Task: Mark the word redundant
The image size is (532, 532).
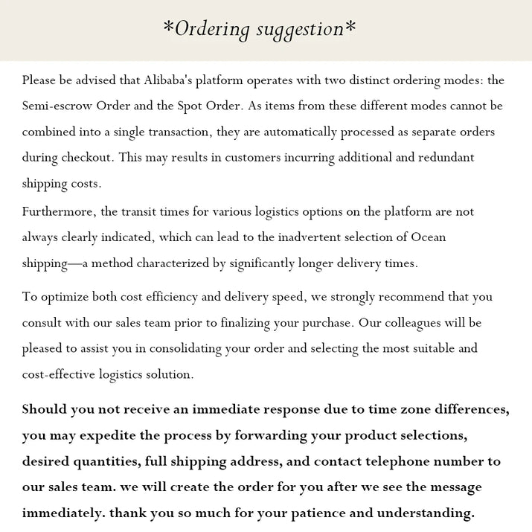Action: pyautogui.click(x=439, y=158)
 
